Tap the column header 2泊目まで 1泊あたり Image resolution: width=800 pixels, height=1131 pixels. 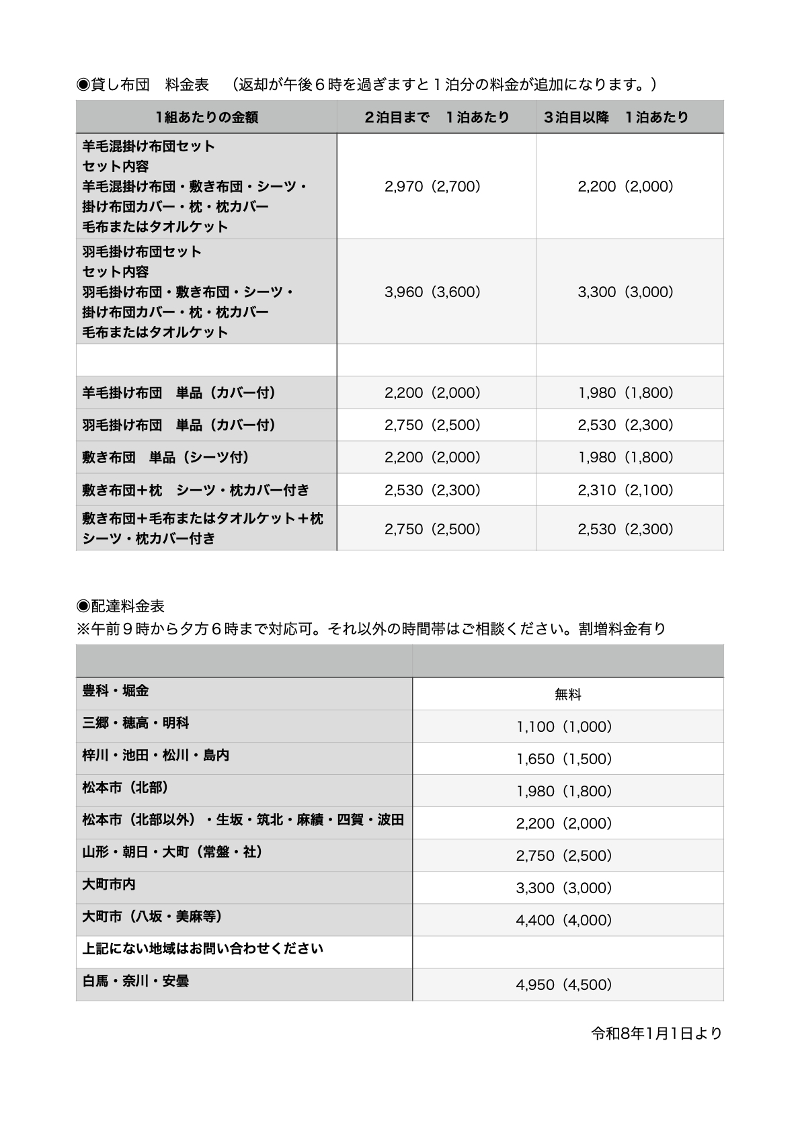click(x=436, y=117)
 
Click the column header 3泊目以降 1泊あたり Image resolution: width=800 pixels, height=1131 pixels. click(x=616, y=117)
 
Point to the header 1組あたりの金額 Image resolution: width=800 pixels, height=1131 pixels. click(x=206, y=117)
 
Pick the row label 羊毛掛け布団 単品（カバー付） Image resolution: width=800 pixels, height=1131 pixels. click(x=179, y=392)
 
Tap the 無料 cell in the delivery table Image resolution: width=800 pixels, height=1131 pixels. click(x=567, y=694)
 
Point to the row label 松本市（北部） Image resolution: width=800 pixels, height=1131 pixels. click(x=125, y=787)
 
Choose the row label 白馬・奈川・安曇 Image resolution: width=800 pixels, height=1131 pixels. click(x=135, y=980)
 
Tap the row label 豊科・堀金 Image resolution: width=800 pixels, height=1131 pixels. click(x=116, y=690)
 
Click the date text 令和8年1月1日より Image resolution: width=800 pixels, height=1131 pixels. click(x=656, y=1033)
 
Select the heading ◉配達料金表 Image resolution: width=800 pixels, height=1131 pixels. click(x=121, y=605)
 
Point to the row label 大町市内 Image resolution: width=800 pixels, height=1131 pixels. click(x=109, y=884)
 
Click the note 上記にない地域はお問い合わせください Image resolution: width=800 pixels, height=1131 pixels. click(x=203, y=948)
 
